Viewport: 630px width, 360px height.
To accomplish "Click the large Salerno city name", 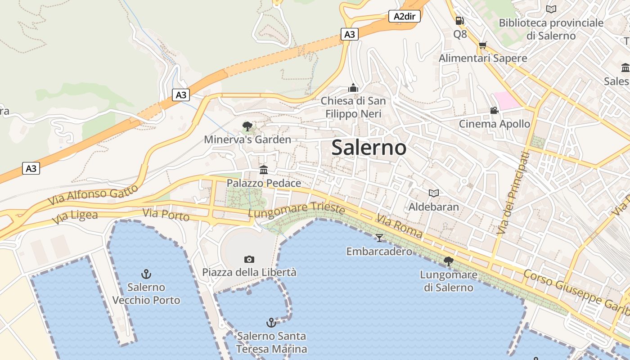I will tap(369, 148).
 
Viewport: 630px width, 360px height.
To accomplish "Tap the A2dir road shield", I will tap(404, 17).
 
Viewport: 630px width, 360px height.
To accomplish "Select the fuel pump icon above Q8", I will tap(459, 21).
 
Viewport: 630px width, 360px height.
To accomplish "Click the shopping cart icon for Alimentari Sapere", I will tap(483, 45).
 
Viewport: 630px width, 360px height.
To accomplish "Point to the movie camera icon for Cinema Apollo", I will tap(494, 110).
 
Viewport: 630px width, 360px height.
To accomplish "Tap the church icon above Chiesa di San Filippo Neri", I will tap(353, 87).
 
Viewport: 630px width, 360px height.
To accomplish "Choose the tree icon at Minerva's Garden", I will tap(247, 126).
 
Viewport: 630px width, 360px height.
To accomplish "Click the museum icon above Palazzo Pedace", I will tap(264, 170).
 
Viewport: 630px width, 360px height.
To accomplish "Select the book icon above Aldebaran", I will tap(434, 193).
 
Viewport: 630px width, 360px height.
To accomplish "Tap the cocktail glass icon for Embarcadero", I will tap(379, 238).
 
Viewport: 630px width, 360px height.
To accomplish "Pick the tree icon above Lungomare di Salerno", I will tap(448, 261).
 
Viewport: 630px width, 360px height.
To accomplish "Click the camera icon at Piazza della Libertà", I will tap(249, 259).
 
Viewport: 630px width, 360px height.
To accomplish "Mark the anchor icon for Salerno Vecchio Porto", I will tap(146, 274).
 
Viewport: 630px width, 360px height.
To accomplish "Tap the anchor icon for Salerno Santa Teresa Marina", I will tap(271, 322).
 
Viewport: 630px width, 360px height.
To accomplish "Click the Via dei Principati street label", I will tap(514, 193).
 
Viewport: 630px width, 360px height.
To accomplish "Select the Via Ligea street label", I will tap(75, 217).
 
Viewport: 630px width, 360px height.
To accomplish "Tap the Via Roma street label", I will tap(400, 226).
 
